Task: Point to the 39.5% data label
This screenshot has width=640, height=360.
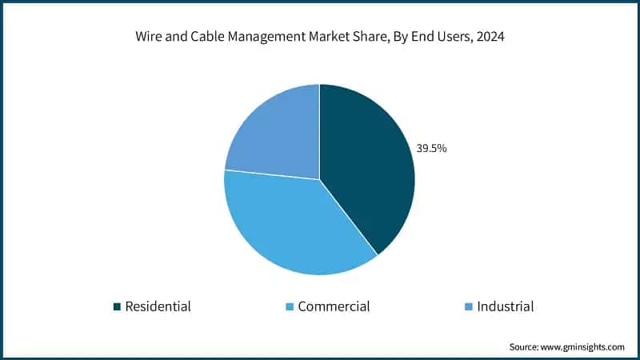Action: [430, 148]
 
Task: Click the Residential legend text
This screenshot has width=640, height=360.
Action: [158, 306]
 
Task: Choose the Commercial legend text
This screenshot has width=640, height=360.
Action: [334, 306]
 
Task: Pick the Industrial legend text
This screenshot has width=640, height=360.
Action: [505, 306]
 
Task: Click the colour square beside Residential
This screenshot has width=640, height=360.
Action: [117, 306]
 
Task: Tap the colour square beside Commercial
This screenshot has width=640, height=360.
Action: [290, 306]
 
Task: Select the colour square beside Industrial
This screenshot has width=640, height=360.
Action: [469, 306]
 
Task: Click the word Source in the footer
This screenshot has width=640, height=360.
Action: [526, 346]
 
